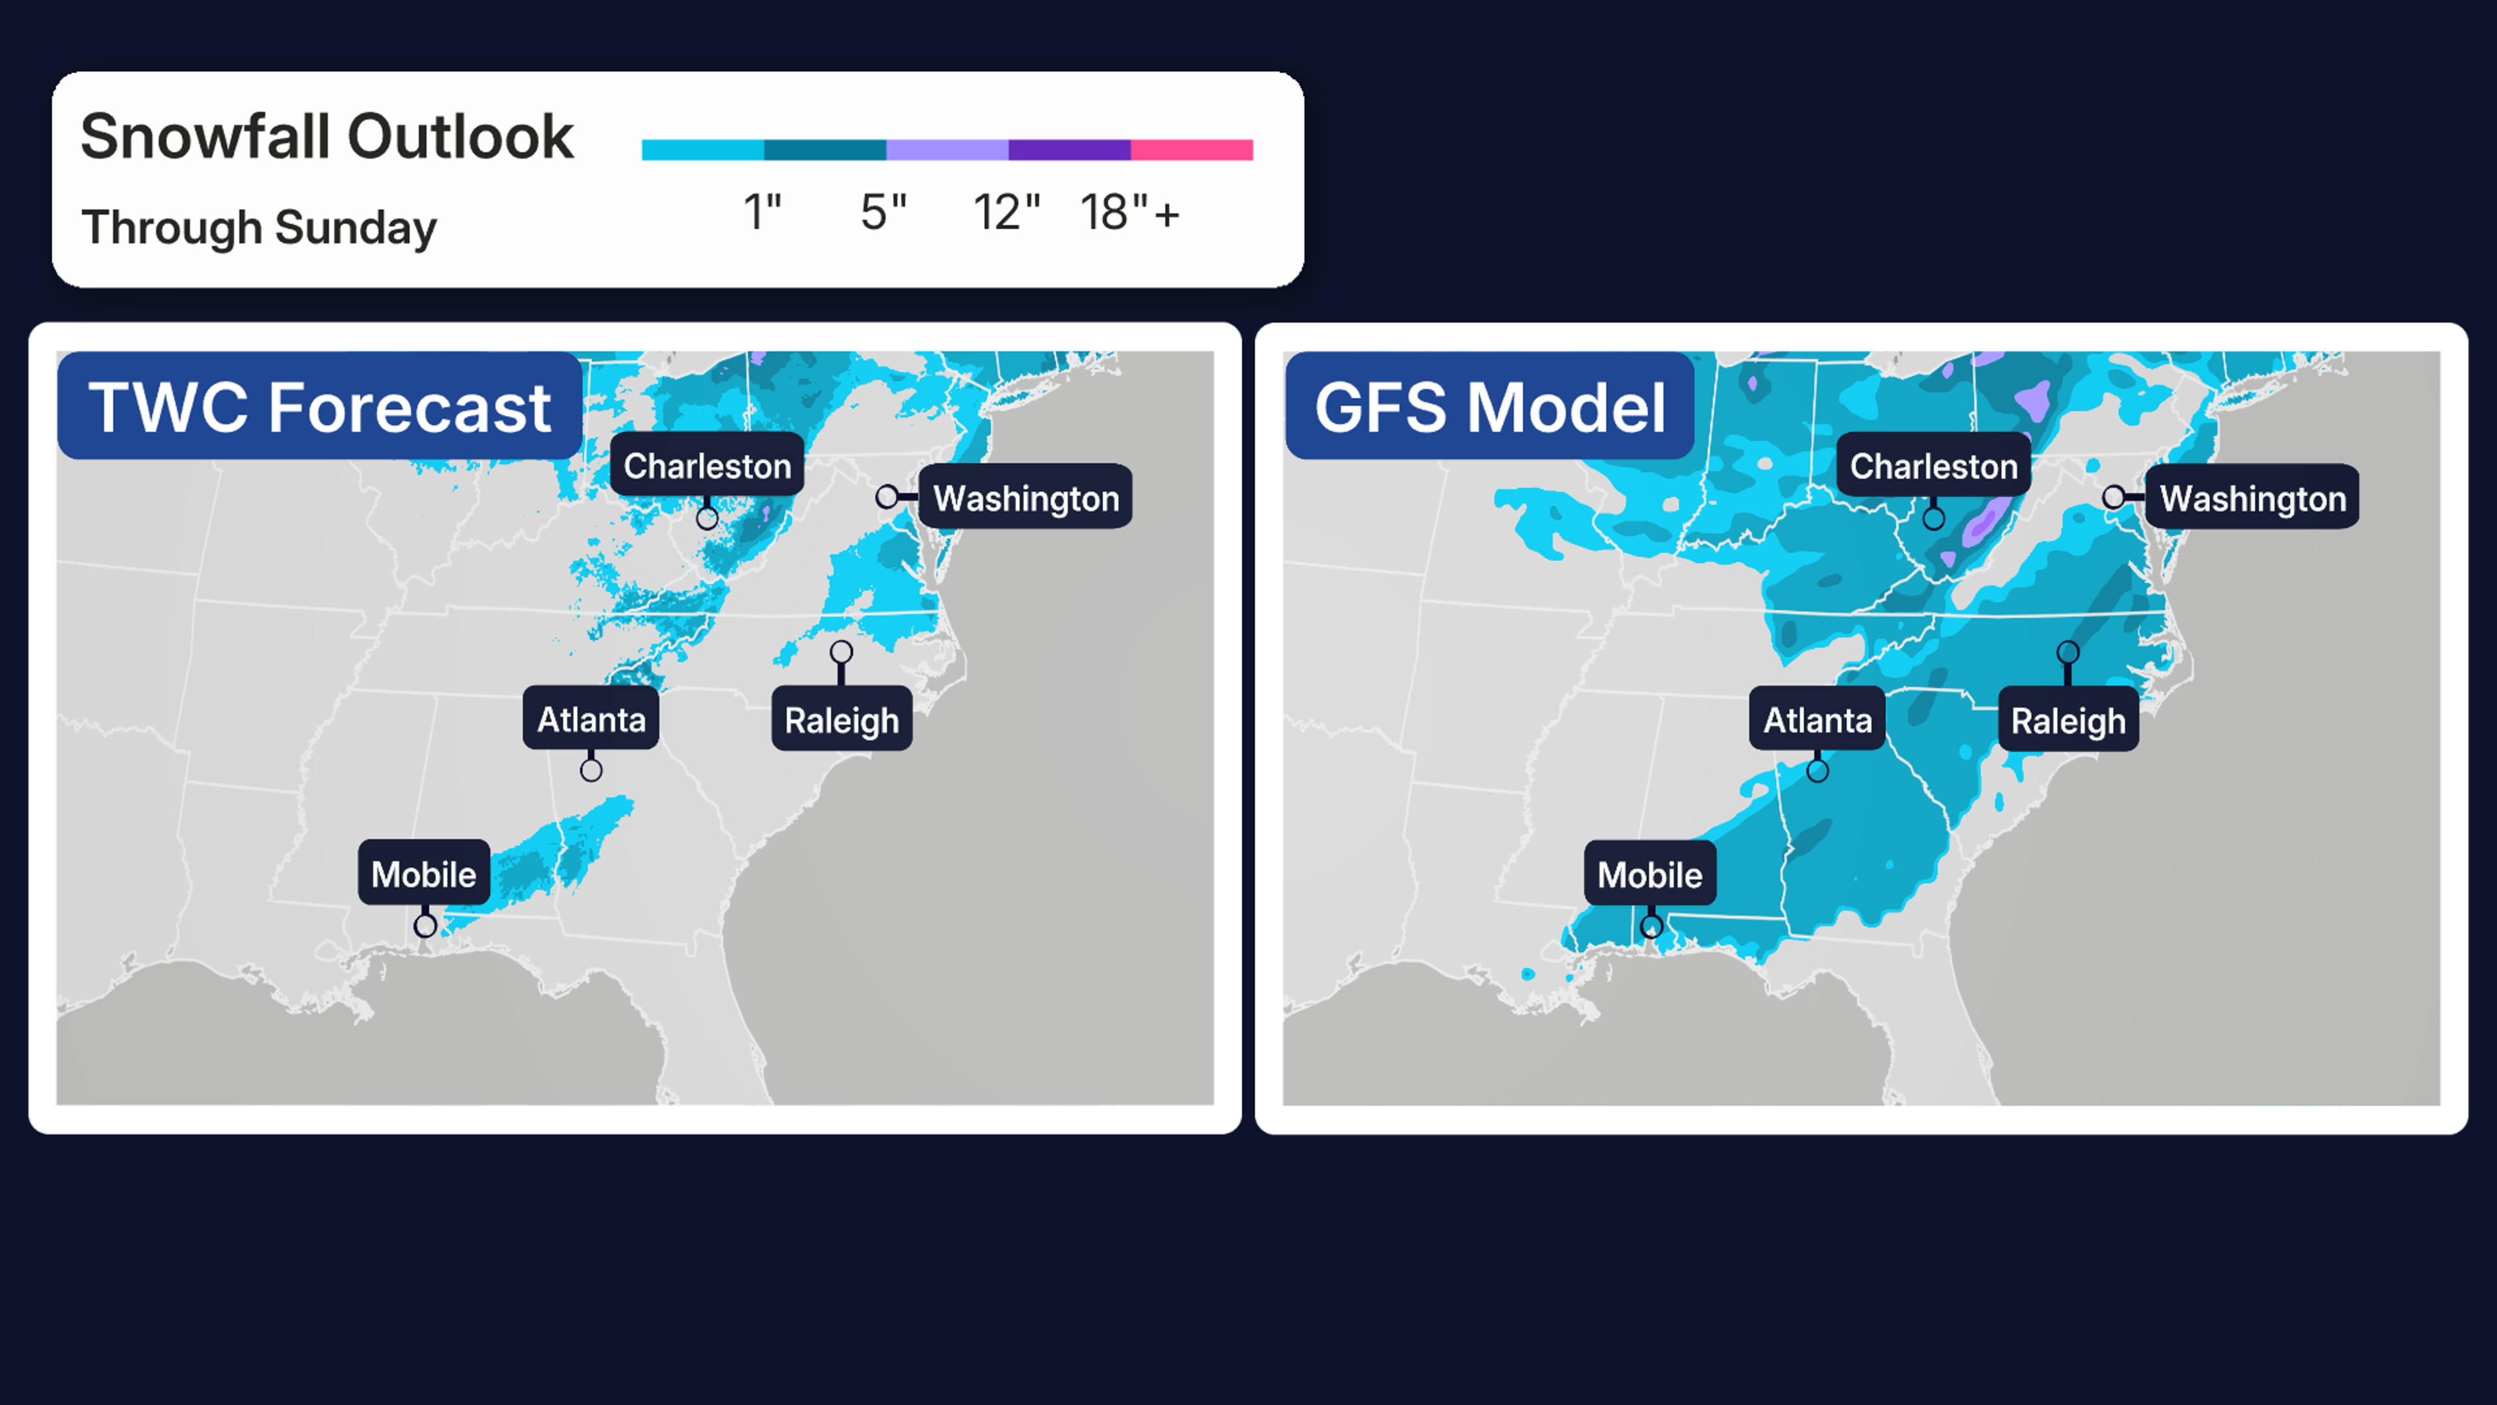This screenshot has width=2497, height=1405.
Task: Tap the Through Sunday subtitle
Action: (x=259, y=228)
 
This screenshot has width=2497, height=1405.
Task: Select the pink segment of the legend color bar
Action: (x=1191, y=150)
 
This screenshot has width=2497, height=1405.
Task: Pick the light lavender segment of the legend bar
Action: (x=947, y=150)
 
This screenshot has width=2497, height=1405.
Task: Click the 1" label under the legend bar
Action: (x=762, y=212)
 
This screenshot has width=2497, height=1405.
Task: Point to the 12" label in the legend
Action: (x=1006, y=212)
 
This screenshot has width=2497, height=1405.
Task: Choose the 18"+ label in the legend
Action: (x=1130, y=212)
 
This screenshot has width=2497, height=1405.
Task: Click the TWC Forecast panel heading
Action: (x=320, y=407)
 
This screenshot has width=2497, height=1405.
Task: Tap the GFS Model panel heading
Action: (x=1490, y=407)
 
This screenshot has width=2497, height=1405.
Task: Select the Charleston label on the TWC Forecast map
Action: (x=707, y=466)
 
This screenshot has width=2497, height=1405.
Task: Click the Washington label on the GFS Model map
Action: (x=2253, y=498)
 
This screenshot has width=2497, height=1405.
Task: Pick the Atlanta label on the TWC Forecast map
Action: (x=591, y=719)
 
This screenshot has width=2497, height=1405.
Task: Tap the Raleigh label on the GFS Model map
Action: (x=2068, y=721)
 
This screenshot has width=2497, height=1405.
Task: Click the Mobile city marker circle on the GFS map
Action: (x=1651, y=926)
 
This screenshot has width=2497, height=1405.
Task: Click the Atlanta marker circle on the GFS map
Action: (x=1817, y=771)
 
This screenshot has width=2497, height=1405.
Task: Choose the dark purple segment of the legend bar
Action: (x=1069, y=150)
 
